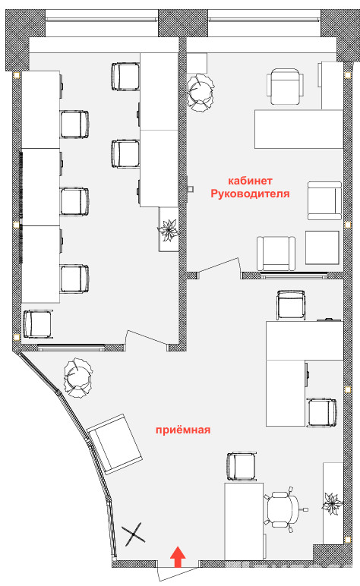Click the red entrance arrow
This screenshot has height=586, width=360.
178,557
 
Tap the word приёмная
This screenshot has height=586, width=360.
183,430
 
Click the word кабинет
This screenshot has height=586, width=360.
250,181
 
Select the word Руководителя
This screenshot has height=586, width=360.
250,194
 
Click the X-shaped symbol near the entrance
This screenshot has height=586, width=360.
133,534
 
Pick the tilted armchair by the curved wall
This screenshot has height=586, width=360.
115,444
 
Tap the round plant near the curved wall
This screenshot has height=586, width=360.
77,376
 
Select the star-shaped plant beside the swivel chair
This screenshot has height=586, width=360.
333,504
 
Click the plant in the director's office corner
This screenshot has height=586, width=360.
201,93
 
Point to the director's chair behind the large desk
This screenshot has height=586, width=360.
285,87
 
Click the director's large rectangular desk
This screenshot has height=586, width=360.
298,129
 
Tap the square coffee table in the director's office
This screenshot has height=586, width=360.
322,247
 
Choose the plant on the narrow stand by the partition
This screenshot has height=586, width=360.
168,230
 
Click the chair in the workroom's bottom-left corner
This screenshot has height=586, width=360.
37,324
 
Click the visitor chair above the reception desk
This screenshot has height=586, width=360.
242,466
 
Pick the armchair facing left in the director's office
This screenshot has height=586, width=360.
324,200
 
